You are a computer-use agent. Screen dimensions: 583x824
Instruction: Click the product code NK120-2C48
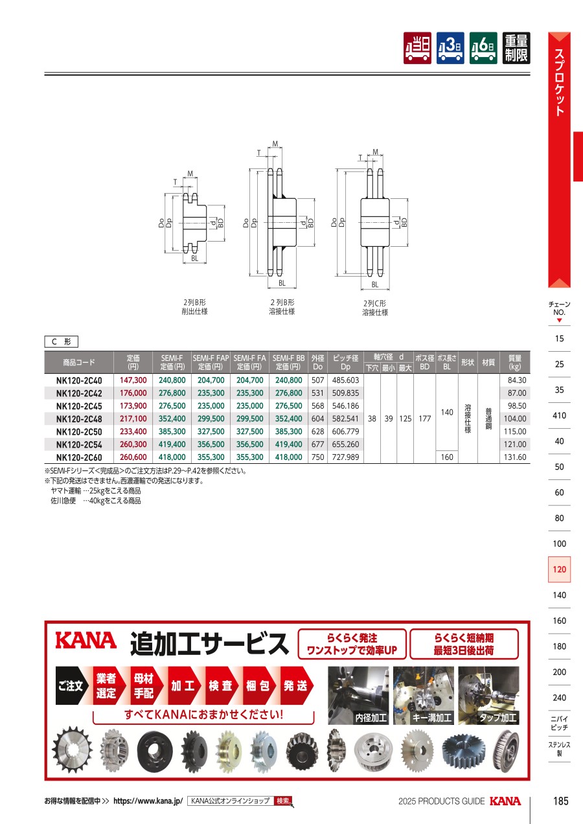coord(79,419)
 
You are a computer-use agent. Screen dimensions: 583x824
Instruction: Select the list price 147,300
coord(133,380)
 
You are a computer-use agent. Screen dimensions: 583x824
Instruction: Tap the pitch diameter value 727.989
coord(345,457)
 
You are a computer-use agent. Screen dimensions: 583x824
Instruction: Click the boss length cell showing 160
coord(447,457)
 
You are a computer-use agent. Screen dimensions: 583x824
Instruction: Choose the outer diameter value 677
coord(318,444)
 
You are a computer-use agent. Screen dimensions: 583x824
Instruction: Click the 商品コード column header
coord(79,362)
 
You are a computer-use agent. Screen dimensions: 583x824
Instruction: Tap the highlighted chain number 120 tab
coord(559,569)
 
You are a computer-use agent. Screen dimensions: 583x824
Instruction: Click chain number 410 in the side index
coord(559,416)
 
